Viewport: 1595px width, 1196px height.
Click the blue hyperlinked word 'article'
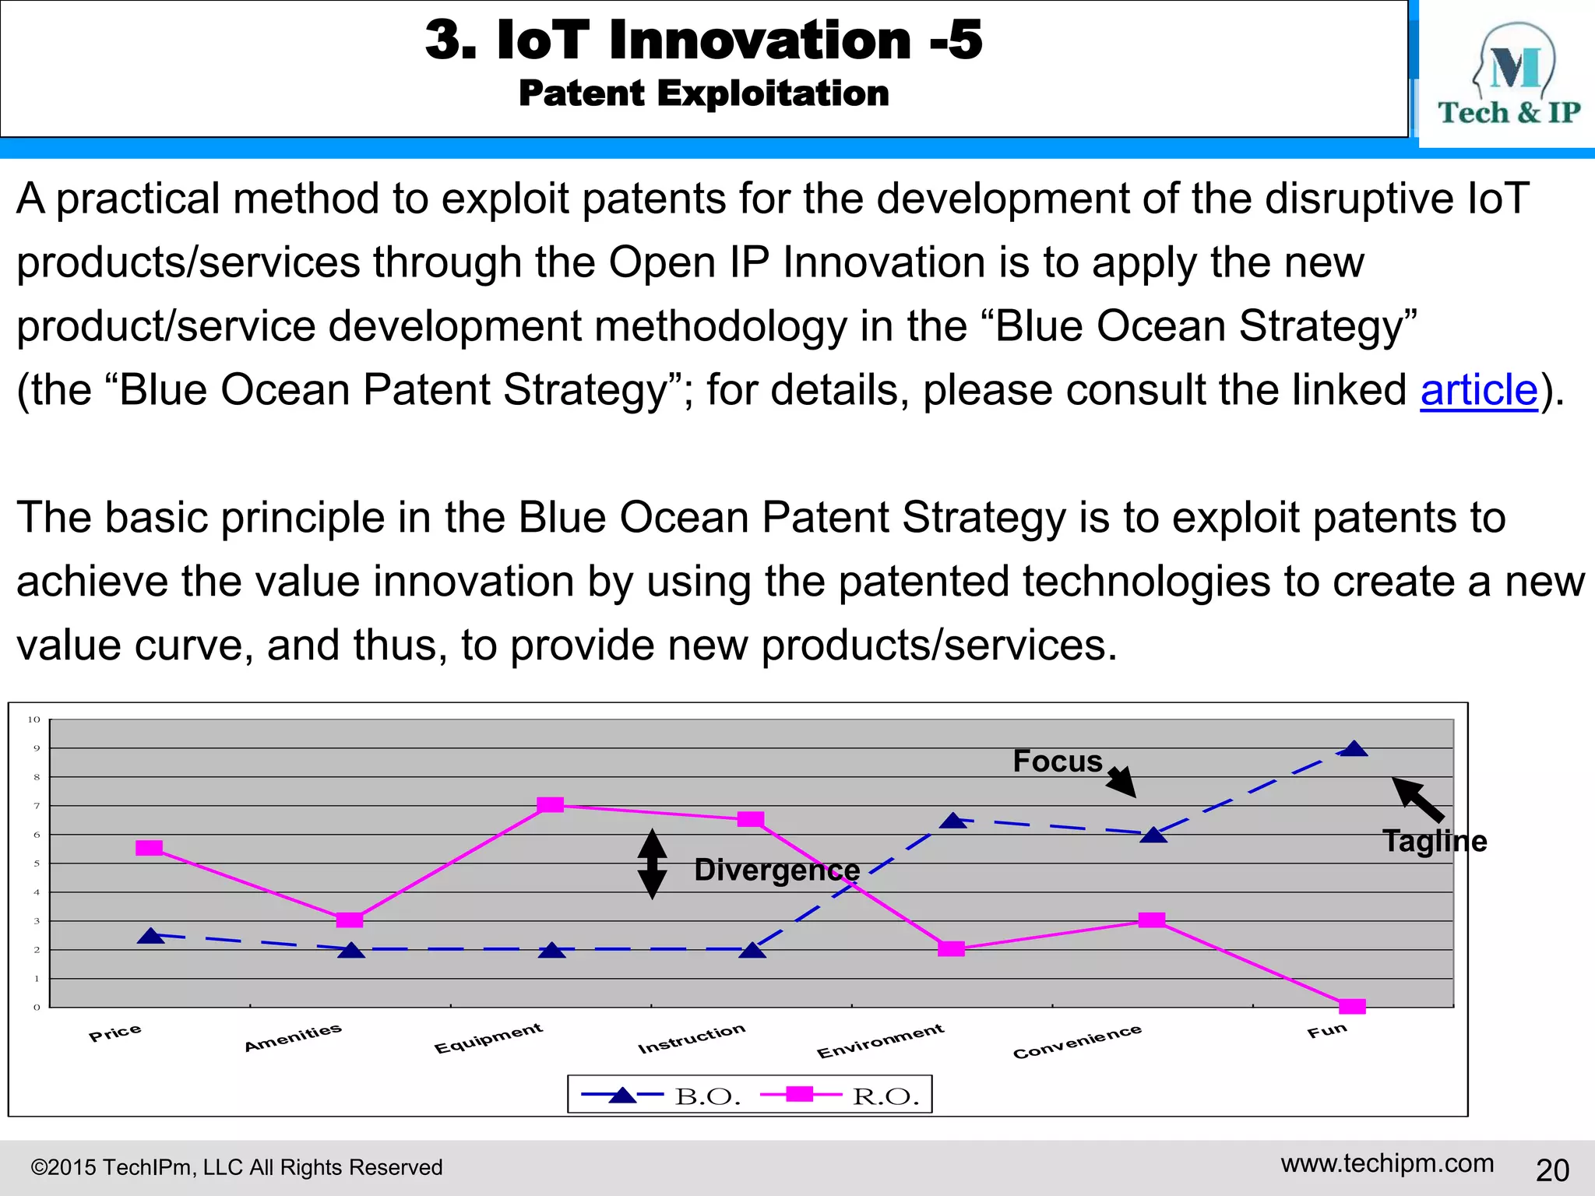click(1478, 390)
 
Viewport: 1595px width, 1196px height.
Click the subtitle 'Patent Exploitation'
click(704, 93)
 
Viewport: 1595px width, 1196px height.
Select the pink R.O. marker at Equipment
click(551, 804)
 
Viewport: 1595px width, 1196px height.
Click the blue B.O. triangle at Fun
click(1354, 749)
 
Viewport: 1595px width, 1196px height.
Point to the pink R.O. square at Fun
click(1352, 1006)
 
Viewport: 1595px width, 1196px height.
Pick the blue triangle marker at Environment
click(953, 821)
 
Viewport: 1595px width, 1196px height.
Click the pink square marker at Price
click(149, 848)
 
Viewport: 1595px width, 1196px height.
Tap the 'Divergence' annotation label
click(776, 870)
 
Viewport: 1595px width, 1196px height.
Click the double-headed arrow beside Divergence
click(652, 864)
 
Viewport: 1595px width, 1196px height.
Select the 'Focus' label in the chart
click(1057, 761)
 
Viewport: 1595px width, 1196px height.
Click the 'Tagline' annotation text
click(1434, 841)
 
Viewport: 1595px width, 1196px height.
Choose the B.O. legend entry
click(662, 1096)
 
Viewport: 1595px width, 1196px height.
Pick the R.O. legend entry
click(841, 1096)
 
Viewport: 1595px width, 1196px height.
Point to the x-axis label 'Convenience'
click(1077, 1041)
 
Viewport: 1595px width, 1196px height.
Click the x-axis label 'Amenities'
click(293, 1037)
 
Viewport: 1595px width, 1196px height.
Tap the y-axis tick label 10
click(33, 719)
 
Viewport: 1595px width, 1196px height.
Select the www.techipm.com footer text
click(1387, 1163)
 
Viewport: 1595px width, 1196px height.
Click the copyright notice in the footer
click(236, 1167)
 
